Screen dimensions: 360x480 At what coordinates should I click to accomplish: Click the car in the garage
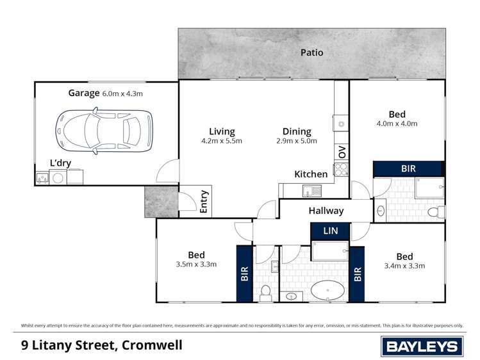104,130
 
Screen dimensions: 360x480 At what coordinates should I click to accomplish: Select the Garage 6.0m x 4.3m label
105,93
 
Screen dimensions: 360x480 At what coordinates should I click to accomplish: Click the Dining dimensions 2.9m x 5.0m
296,141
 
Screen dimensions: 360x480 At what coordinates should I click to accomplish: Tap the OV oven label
342,152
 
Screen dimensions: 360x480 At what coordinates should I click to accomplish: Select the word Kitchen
311,174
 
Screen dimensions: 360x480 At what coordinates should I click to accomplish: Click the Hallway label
326,211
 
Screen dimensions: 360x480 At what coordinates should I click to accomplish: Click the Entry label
204,202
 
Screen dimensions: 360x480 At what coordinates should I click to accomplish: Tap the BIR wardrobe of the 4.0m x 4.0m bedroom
408,168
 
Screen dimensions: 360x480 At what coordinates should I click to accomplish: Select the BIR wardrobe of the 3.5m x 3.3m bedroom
244,274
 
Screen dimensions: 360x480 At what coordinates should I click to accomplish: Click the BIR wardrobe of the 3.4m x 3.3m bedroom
357,274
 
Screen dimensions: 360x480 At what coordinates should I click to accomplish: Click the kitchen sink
311,190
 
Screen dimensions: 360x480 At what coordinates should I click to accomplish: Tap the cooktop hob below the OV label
341,170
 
